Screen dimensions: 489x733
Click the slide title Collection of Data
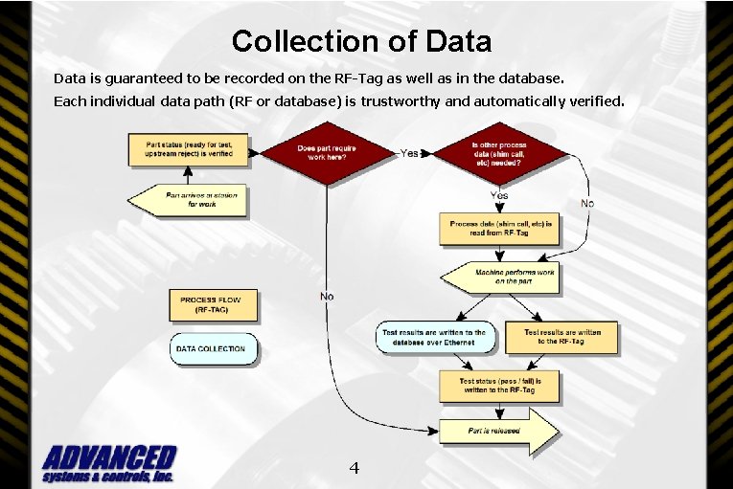click(361, 41)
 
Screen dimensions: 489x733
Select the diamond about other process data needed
click(498, 153)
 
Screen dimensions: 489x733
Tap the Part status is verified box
click(189, 148)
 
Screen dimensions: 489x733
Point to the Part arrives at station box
click(189, 198)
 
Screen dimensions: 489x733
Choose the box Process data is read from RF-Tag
click(500, 229)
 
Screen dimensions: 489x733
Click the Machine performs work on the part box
click(500, 278)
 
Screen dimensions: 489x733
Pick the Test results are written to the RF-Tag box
click(562, 337)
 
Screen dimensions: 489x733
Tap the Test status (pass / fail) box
click(500, 385)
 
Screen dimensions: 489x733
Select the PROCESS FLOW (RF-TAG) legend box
click(217, 304)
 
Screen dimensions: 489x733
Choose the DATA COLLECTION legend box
click(214, 348)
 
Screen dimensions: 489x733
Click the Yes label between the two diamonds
click(410, 152)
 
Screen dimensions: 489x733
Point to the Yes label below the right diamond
click(499, 194)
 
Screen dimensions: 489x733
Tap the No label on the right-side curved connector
click(587, 203)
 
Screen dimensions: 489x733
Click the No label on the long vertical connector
click(327, 297)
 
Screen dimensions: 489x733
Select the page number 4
click(354, 468)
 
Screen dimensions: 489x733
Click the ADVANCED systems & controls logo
click(108, 464)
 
